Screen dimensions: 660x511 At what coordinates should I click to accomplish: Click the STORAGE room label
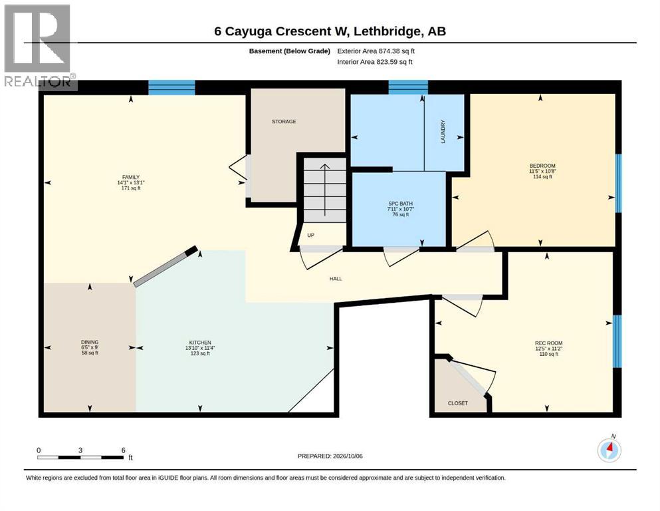pyautogui.click(x=284, y=121)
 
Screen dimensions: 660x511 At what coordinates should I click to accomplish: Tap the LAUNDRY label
pyautogui.click(x=443, y=132)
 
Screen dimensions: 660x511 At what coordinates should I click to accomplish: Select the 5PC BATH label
pyautogui.click(x=400, y=204)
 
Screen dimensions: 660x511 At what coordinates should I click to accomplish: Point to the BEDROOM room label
pyautogui.click(x=542, y=166)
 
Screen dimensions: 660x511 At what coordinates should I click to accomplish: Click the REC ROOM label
pyautogui.click(x=548, y=343)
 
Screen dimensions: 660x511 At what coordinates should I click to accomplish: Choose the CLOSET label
pyautogui.click(x=457, y=403)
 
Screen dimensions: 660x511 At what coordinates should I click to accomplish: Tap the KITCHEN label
pyautogui.click(x=200, y=343)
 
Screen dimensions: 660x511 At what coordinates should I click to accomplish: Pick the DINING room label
pyautogui.click(x=90, y=342)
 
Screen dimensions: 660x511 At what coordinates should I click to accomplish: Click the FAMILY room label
pyautogui.click(x=131, y=177)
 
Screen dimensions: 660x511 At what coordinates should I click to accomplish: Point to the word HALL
pyautogui.click(x=336, y=279)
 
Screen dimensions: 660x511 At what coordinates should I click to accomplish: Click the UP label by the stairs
pyautogui.click(x=310, y=235)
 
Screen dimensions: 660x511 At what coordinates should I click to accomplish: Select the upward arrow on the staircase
pyautogui.click(x=324, y=190)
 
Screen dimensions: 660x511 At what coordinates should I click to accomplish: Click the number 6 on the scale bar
pyautogui.click(x=124, y=450)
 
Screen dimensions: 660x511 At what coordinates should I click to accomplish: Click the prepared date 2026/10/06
pyautogui.click(x=348, y=456)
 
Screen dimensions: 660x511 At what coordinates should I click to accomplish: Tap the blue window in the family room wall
pyautogui.click(x=171, y=88)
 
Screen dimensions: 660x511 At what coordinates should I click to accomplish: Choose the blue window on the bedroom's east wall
pyautogui.click(x=618, y=183)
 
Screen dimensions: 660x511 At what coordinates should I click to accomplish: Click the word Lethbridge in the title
pyautogui.click(x=387, y=31)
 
